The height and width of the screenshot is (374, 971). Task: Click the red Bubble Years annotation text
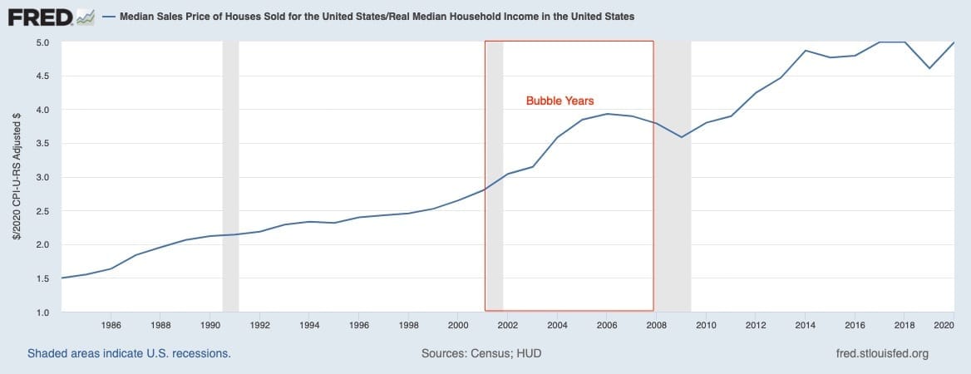[559, 101]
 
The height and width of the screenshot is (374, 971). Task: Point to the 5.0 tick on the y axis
[42, 42]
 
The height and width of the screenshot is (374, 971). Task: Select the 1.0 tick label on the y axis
[42, 312]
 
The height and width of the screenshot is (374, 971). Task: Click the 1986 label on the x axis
[111, 325]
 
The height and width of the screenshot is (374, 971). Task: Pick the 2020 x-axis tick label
[944, 325]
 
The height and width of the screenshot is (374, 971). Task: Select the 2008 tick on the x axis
[656, 325]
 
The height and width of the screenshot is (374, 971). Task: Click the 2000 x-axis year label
[458, 325]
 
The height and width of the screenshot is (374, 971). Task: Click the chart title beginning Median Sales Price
[377, 17]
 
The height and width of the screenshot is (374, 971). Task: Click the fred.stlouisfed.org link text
[882, 354]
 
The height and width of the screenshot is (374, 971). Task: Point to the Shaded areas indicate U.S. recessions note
[129, 354]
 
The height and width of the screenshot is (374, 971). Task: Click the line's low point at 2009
[682, 137]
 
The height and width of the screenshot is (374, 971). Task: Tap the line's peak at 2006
[608, 114]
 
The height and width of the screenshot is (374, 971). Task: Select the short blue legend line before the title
[109, 17]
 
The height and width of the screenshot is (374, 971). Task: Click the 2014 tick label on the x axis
[805, 325]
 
